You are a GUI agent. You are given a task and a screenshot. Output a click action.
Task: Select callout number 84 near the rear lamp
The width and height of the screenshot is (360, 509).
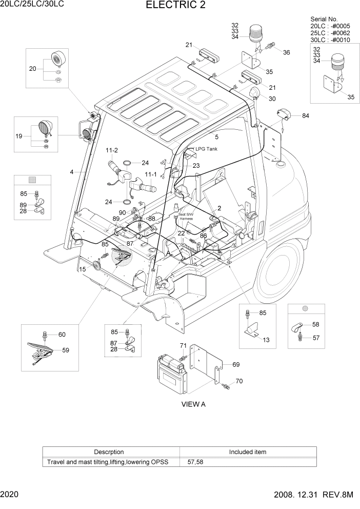tap(306, 115)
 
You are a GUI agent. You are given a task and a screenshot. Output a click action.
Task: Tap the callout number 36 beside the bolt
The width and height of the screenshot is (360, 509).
tap(286, 52)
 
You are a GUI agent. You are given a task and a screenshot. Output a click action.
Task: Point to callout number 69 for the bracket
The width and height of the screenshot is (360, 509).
tap(236, 364)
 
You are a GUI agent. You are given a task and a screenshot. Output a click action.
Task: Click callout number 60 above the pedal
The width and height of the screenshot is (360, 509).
tap(62, 335)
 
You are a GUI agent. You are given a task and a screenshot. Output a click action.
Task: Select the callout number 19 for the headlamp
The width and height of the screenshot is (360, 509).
tap(19, 136)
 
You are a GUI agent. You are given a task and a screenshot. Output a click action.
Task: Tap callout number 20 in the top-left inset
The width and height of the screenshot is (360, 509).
tap(33, 68)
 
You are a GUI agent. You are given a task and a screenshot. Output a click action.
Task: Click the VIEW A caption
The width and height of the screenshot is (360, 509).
tap(193, 404)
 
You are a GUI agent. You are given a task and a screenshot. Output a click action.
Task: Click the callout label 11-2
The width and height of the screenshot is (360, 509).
tap(112, 150)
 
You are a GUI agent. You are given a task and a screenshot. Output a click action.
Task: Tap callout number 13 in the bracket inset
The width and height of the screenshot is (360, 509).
tap(266, 340)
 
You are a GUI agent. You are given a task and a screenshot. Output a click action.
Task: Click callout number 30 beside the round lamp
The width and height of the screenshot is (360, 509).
tap(272, 99)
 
